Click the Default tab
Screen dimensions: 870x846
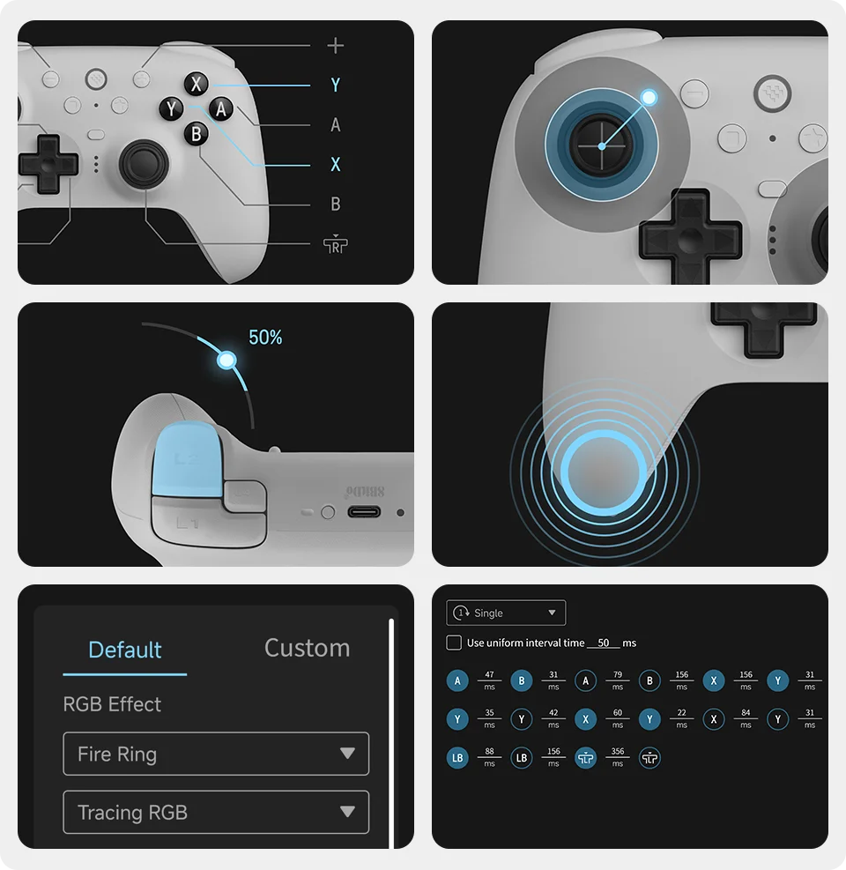pyautogui.click(x=125, y=651)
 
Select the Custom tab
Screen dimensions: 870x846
pyautogui.click(x=307, y=649)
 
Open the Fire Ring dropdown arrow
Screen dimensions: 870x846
pyautogui.click(x=347, y=754)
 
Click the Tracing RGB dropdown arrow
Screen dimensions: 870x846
pyautogui.click(x=347, y=812)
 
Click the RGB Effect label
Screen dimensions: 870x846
pyautogui.click(x=112, y=704)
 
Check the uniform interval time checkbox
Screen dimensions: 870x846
pyautogui.click(x=454, y=643)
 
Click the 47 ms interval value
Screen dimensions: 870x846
pyautogui.click(x=489, y=675)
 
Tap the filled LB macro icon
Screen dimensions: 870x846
pyautogui.click(x=457, y=757)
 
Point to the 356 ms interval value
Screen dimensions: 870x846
pyautogui.click(x=618, y=752)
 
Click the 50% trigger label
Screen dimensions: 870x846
pyautogui.click(x=265, y=338)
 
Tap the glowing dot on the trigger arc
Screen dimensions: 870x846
pyautogui.click(x=226, y=360)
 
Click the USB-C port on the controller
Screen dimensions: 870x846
pyautogui.click(x=363, y=511)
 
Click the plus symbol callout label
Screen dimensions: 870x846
pyautogui.click(x=335, y=46)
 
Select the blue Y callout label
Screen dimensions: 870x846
pyautogui.click(x=335, y=86)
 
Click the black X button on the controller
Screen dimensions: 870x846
pyautogui.click(x=197, y=85)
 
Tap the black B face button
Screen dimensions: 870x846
pyautogui.click(x=196, y=134)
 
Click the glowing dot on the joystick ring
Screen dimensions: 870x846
pyautogui.click(x=649, y=97)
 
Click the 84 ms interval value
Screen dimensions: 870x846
pyautogui.click(x=746, y=713)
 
